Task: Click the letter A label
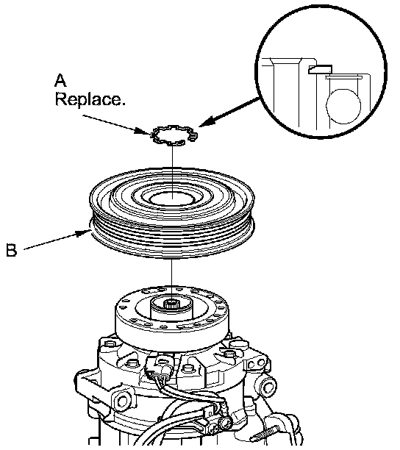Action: [x=60, y=80]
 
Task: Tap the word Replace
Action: [x=90, y=99]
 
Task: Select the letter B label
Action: [x=12, y=250]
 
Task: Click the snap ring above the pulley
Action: [x=174, y=135]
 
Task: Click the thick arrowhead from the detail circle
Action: [x=207, y=121]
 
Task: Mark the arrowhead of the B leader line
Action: [x=84, y=233]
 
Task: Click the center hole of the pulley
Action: [x=172, y=198]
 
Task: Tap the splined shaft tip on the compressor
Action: [x=171, y=304]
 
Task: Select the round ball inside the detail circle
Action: [x=343, y=106]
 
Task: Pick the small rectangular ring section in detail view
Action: [x=320, y=69]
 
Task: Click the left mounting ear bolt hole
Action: [x=123, y=400]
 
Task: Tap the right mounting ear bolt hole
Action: [x=268, y=388]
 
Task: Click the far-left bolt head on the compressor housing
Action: [x=109, y=343]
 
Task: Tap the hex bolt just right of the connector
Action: [x=187, y=368]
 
